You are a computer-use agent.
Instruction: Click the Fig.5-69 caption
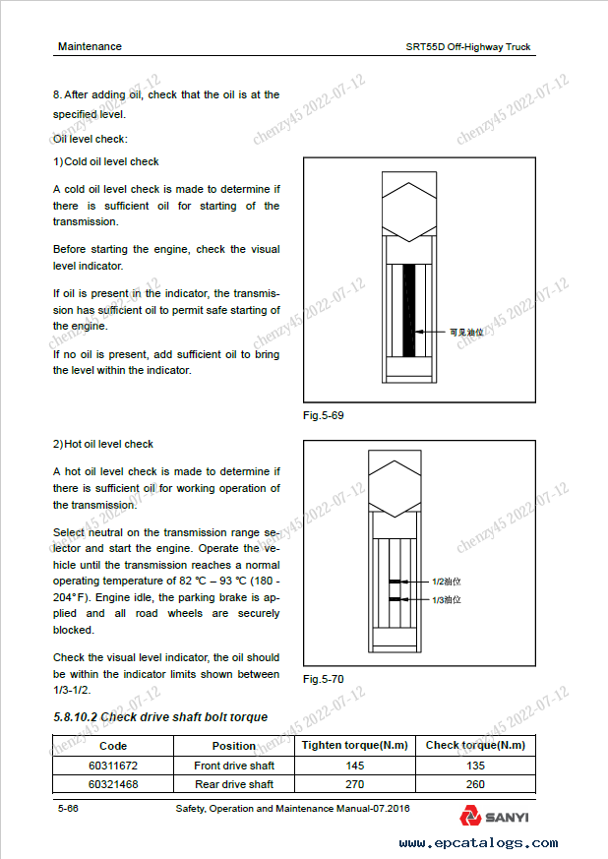tap(324, 415)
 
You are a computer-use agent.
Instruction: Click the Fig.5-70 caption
tap(324, 679)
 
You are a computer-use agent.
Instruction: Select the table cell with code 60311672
tap(114, 766)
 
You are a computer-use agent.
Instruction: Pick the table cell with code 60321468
tap(114, 784)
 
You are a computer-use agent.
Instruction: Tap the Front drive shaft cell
tap(234, 766)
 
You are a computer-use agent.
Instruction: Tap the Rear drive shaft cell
tap(234, 784)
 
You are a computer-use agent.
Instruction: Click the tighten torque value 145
tap(355, 766)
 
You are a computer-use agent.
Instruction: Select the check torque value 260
tap(475, 784)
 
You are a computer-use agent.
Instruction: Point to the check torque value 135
tap(475, 766)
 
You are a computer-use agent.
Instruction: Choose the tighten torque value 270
tap(355, 784)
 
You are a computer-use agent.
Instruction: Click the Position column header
tap(234, 746)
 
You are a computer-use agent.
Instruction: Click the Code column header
tap(114, 746)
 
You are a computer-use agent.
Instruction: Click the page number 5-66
tap(68, 808)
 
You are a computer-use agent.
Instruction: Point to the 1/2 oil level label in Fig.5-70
tap(448, 582)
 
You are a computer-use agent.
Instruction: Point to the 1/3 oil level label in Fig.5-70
tap(448, 599)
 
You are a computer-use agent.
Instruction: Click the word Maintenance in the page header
tap(90, 46)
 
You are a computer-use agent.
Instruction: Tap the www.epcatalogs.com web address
tap(478, 843)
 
